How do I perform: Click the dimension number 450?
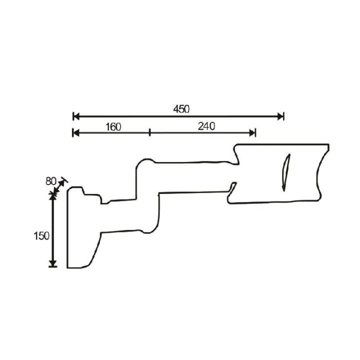pyautogui.click(x=181, y=109)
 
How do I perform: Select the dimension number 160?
pyautogui.click(x=113, y=127)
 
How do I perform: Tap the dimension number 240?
pyautogui.click(x=206, y=126)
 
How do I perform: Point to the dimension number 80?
pyautogui.click(x=50, y=181)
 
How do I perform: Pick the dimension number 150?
pyautogui.click(x=41, y=236)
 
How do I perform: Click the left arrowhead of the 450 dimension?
pyautogui.click(x=76, y=116)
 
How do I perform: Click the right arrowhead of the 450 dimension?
pyautogui.click(x=280, y=116)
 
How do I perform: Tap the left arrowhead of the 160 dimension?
pyautogui.click(x=76, y=132)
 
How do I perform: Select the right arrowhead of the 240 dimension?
pyautogui.click(x=252, y=132)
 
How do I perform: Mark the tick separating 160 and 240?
pyautogui.click(x=149, y=132)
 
